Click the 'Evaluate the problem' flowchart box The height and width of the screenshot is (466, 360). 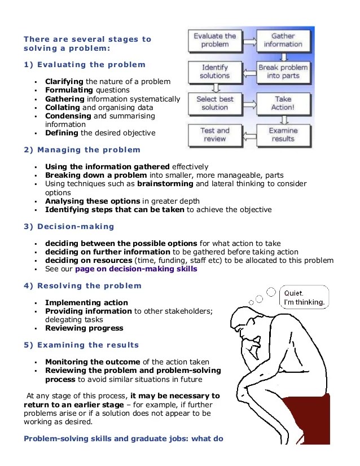(215, 40)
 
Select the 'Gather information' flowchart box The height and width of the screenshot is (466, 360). (283, 40)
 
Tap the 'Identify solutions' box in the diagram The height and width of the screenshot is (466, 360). (215, 72)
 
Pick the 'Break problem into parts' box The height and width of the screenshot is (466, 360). (283, 72)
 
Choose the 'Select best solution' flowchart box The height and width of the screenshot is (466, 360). (215, 103)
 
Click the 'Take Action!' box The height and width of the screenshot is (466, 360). (283, 103)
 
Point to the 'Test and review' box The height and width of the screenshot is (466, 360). (215, 134)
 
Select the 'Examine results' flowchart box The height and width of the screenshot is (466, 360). (283, 134)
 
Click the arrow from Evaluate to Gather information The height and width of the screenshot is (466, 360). (249, 40)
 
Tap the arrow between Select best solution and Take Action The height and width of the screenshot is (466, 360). (249, 103)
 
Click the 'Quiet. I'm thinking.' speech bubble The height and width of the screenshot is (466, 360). (304, 298)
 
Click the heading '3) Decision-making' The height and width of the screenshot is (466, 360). (69, 227)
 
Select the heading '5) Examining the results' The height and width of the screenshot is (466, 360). (81, 345)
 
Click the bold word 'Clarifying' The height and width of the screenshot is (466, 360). (64, 81)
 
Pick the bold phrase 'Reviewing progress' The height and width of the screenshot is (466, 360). (84, 328)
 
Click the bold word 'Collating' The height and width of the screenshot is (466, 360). (62, 107)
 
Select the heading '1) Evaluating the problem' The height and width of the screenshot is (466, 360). (85, 65)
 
